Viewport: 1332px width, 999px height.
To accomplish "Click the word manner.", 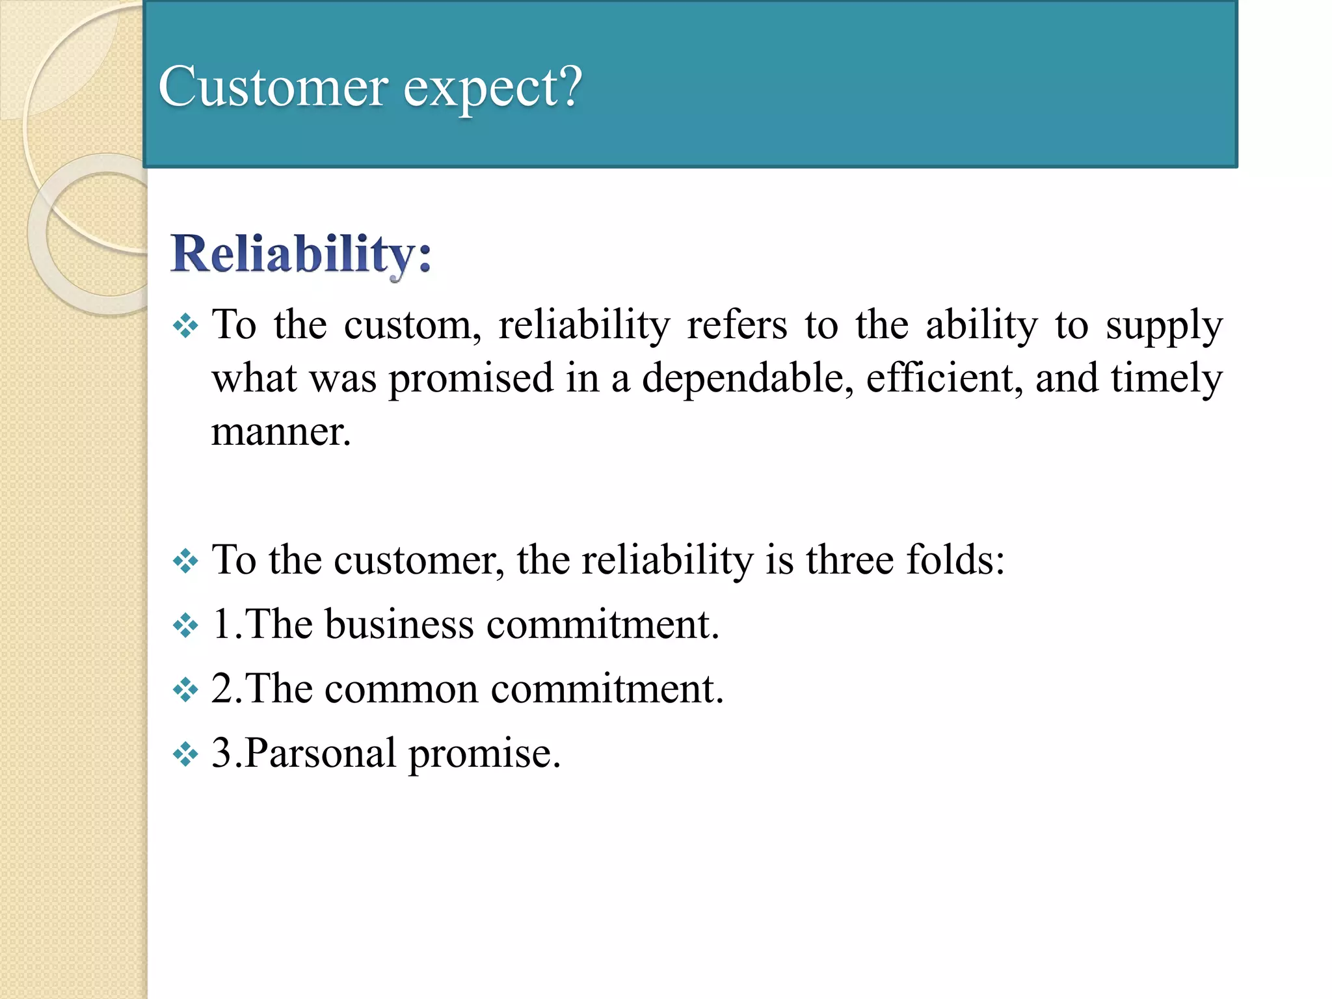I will pyautogui.click(x=281, y=432).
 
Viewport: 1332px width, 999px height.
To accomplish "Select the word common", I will pyautogui.click(x=401, y=689).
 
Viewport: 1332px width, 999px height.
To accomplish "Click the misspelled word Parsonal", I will pyautogui.click(x=320, y=754).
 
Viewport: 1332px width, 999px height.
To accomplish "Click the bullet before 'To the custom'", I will pyautogui.click(x=185, y=326).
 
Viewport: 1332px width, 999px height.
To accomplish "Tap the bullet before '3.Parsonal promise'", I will pyautogui.click(x=185, y=754).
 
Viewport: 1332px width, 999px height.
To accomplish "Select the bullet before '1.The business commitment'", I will pyautogui.click(x=185, y=626).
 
